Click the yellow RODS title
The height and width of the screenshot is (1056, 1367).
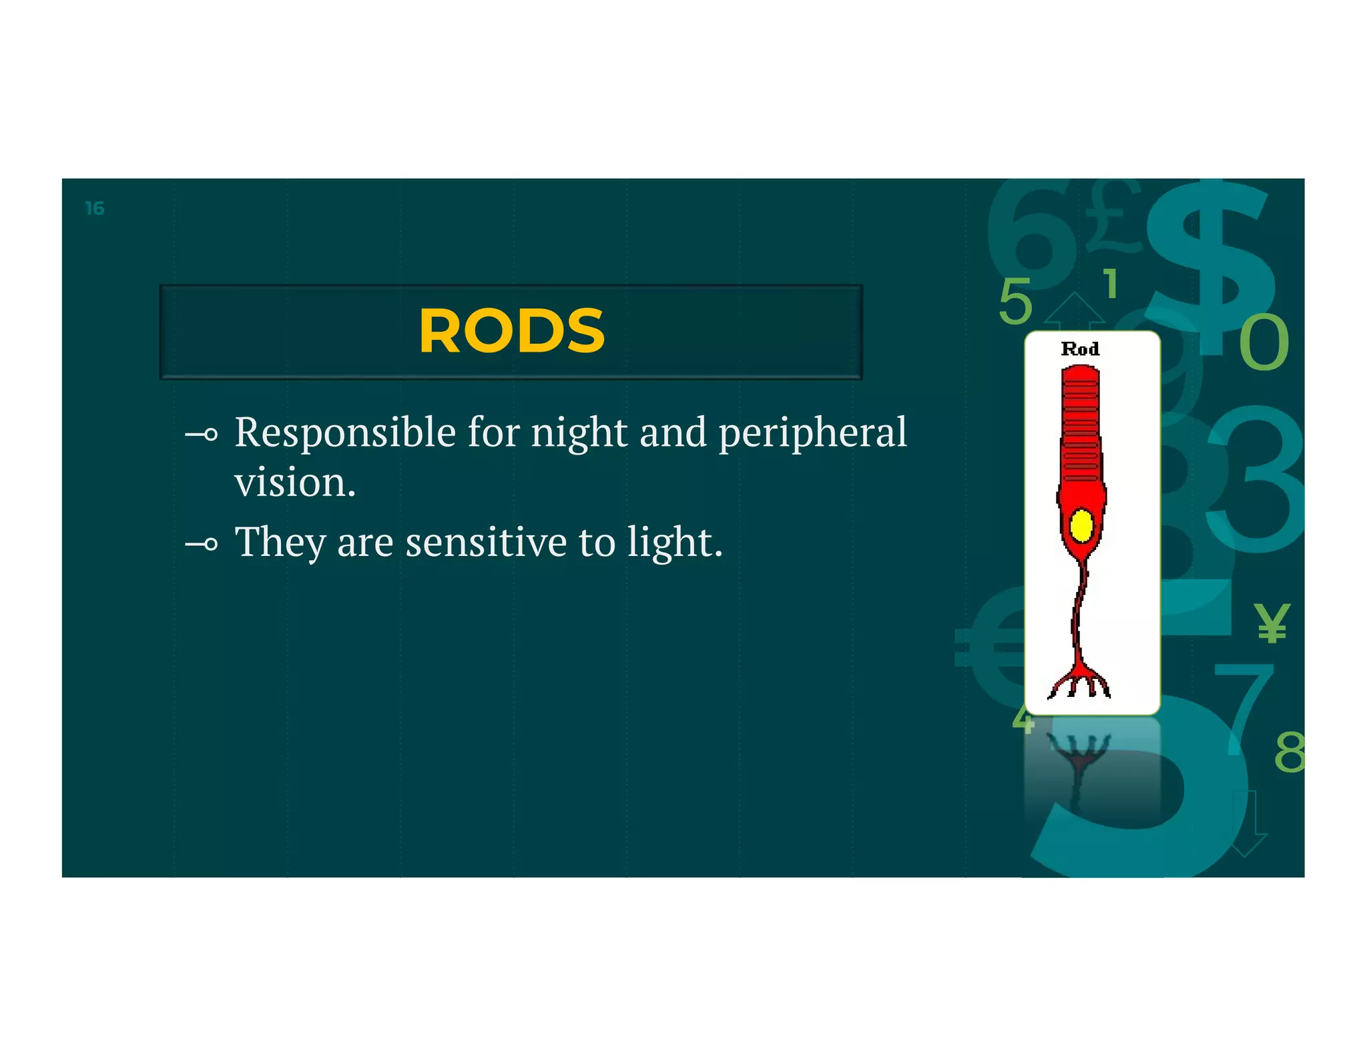pyautogui.click(x=511, y=332)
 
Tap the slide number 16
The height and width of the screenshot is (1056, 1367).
pyautogui.click(x=95, y=209)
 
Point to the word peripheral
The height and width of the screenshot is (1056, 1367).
pyautogui.click(x=812, y=433)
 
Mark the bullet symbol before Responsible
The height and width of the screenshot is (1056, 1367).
pyautogui.click(x=202, y=435)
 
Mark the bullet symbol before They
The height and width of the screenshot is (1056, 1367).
pyautogui.click(x=202, y=545)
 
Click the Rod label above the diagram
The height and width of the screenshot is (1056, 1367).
pyautogui.click(x=1079, y=349)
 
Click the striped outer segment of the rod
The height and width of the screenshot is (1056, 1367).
pyautogui.click(x=1080, y=424)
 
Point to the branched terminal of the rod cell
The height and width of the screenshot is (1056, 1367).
pyautogui.click(x=1079, y=684)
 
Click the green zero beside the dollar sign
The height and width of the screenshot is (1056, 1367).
pyautogui.click(x=1264, y=342)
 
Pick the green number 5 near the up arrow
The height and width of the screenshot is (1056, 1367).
pyautogui.click(x=1015, y=302)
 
